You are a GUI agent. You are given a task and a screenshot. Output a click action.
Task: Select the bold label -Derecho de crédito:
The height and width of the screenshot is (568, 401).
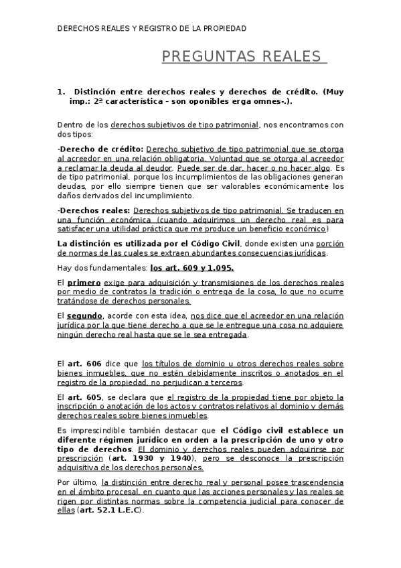coord(100,148)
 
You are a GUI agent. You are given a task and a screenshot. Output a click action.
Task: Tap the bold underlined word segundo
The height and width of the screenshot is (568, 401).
coord(86,315)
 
